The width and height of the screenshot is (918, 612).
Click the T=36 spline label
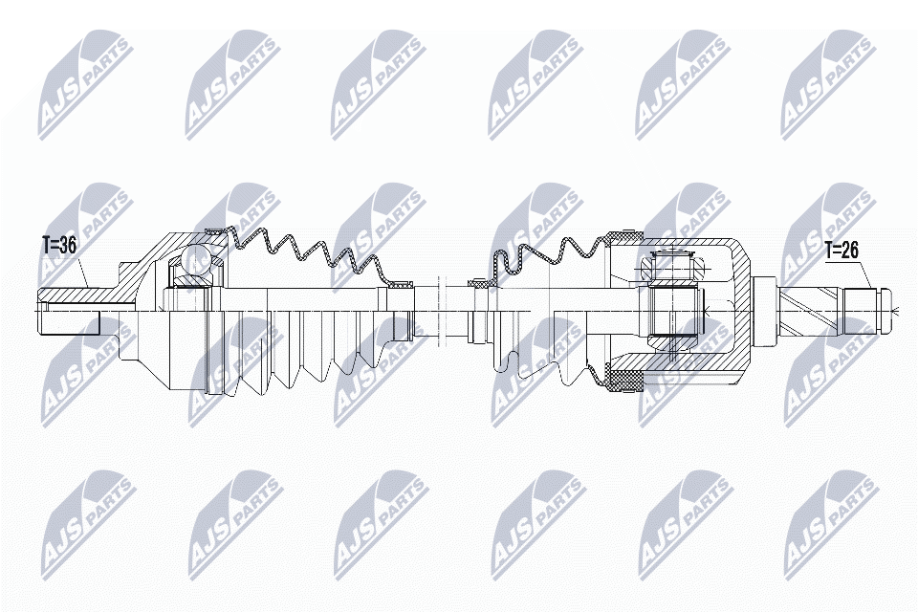(57, 246)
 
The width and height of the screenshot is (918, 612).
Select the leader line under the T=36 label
(83, 273)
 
